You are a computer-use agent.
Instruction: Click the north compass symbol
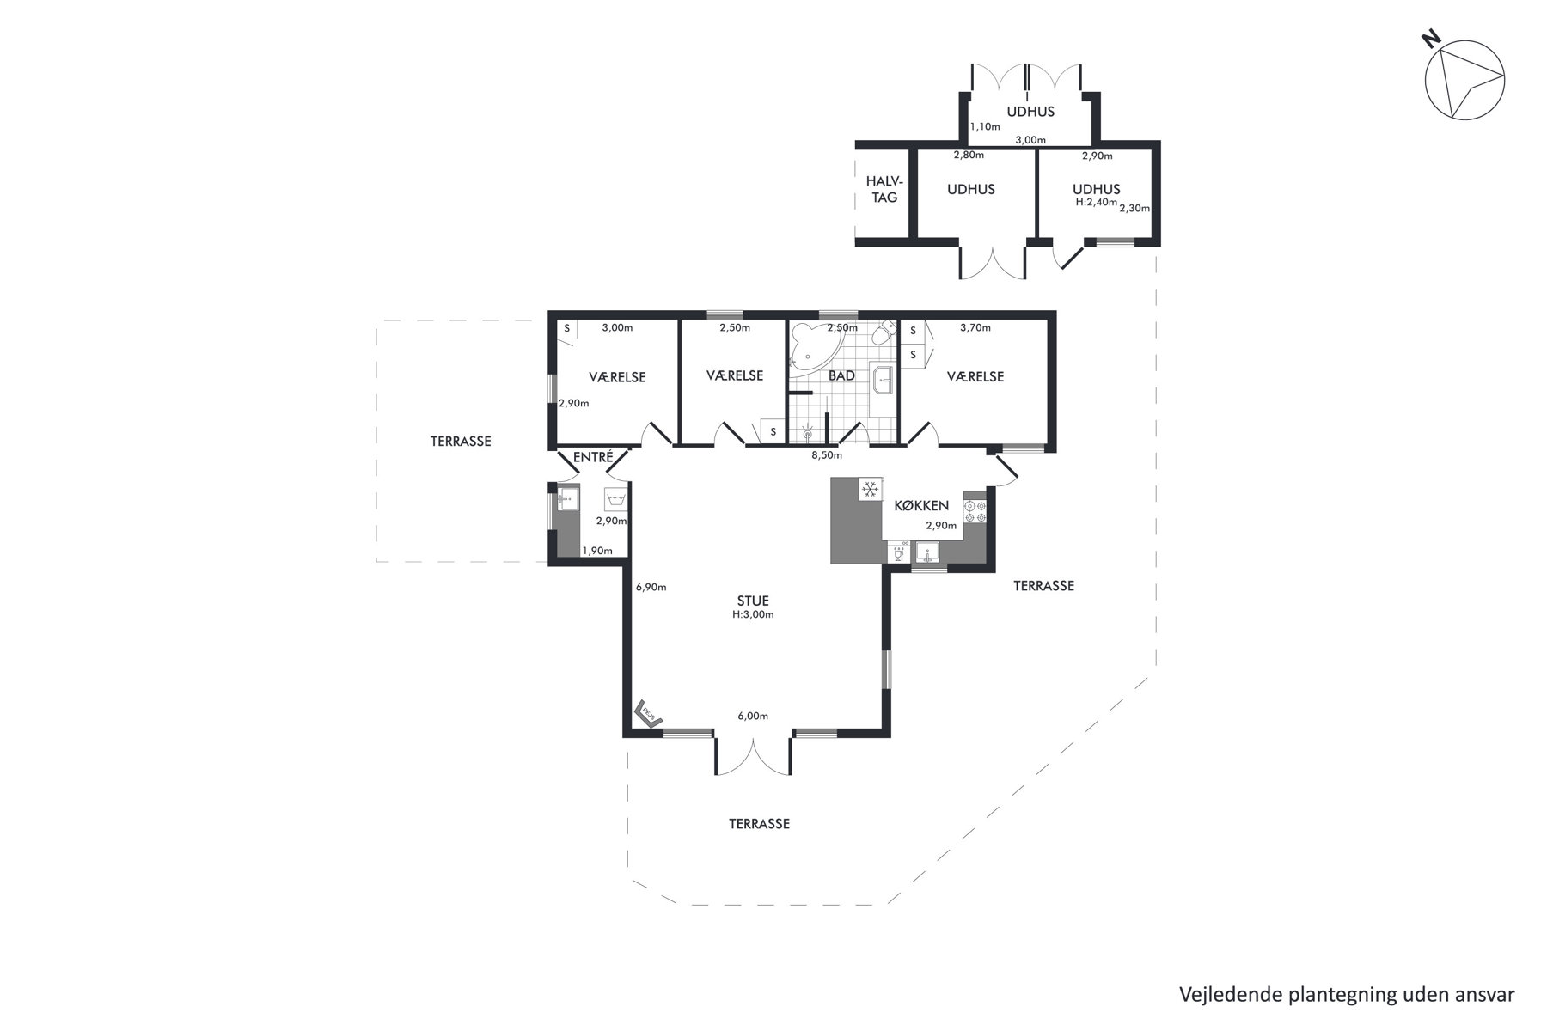[1464, 79]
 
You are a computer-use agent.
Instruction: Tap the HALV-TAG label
[884, 189]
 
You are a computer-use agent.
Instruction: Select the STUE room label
[753, 601]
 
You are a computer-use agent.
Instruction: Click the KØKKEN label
[921, 506]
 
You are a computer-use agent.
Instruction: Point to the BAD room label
[841, 375]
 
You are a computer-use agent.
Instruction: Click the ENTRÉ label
[592, 457]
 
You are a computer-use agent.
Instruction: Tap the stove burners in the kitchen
[974, 511]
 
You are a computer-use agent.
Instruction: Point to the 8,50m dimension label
[827, 455]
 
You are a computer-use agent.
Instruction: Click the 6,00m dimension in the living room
[752, 717]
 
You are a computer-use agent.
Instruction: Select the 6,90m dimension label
[651, 588]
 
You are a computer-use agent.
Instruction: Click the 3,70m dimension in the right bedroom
[975, 327]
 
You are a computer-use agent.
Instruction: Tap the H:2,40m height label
[1096, 203]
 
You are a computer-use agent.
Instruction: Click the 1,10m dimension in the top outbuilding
[985, 126]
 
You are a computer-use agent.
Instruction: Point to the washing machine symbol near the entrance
[615, 500]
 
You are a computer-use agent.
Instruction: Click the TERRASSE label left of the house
[461, 442]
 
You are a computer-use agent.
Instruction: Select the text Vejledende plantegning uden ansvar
[1347, 995]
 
